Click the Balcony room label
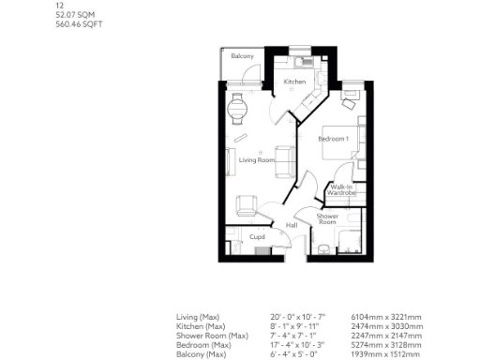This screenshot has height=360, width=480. pyautogui.click(x=243, y=57)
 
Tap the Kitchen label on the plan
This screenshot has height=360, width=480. pyautogui.click(x=295, y=82)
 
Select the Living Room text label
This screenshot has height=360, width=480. pyautogui.click(x=256, y=160)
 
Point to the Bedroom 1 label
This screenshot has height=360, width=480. pyautogui.click(x=333, y=139)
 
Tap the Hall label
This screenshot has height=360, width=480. pyautogui.click(x=291, y=225)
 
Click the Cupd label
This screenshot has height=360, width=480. pyautogui.click(x=256, y=237)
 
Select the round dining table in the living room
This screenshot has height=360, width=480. pyautogui.click(x=237, y=105)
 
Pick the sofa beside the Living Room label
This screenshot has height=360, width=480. pyautogui.click(x=284, y=158)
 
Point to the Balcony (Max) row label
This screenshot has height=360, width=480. pyautogui.click(x=201, y=354)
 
